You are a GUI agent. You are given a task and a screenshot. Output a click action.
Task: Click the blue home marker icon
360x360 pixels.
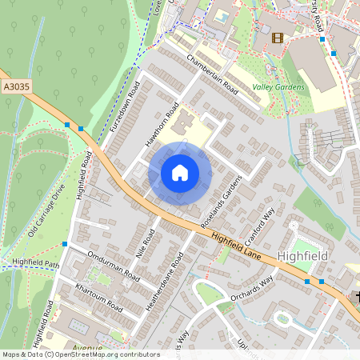pos(180,173)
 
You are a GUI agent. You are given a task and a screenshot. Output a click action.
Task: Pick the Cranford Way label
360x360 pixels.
pos(262,223)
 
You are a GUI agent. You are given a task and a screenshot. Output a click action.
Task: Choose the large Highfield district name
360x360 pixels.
pos(303,255)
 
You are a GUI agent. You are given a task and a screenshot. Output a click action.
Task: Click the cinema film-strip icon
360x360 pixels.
pos(278,38)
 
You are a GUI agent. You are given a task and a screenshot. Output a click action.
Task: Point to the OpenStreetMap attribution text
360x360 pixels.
pos(81,354)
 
